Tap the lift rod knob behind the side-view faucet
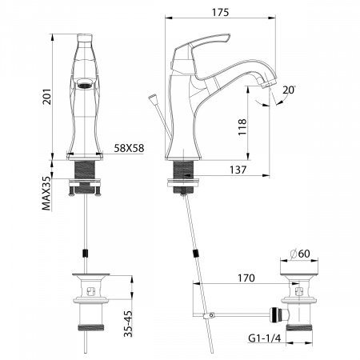(152, 101)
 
